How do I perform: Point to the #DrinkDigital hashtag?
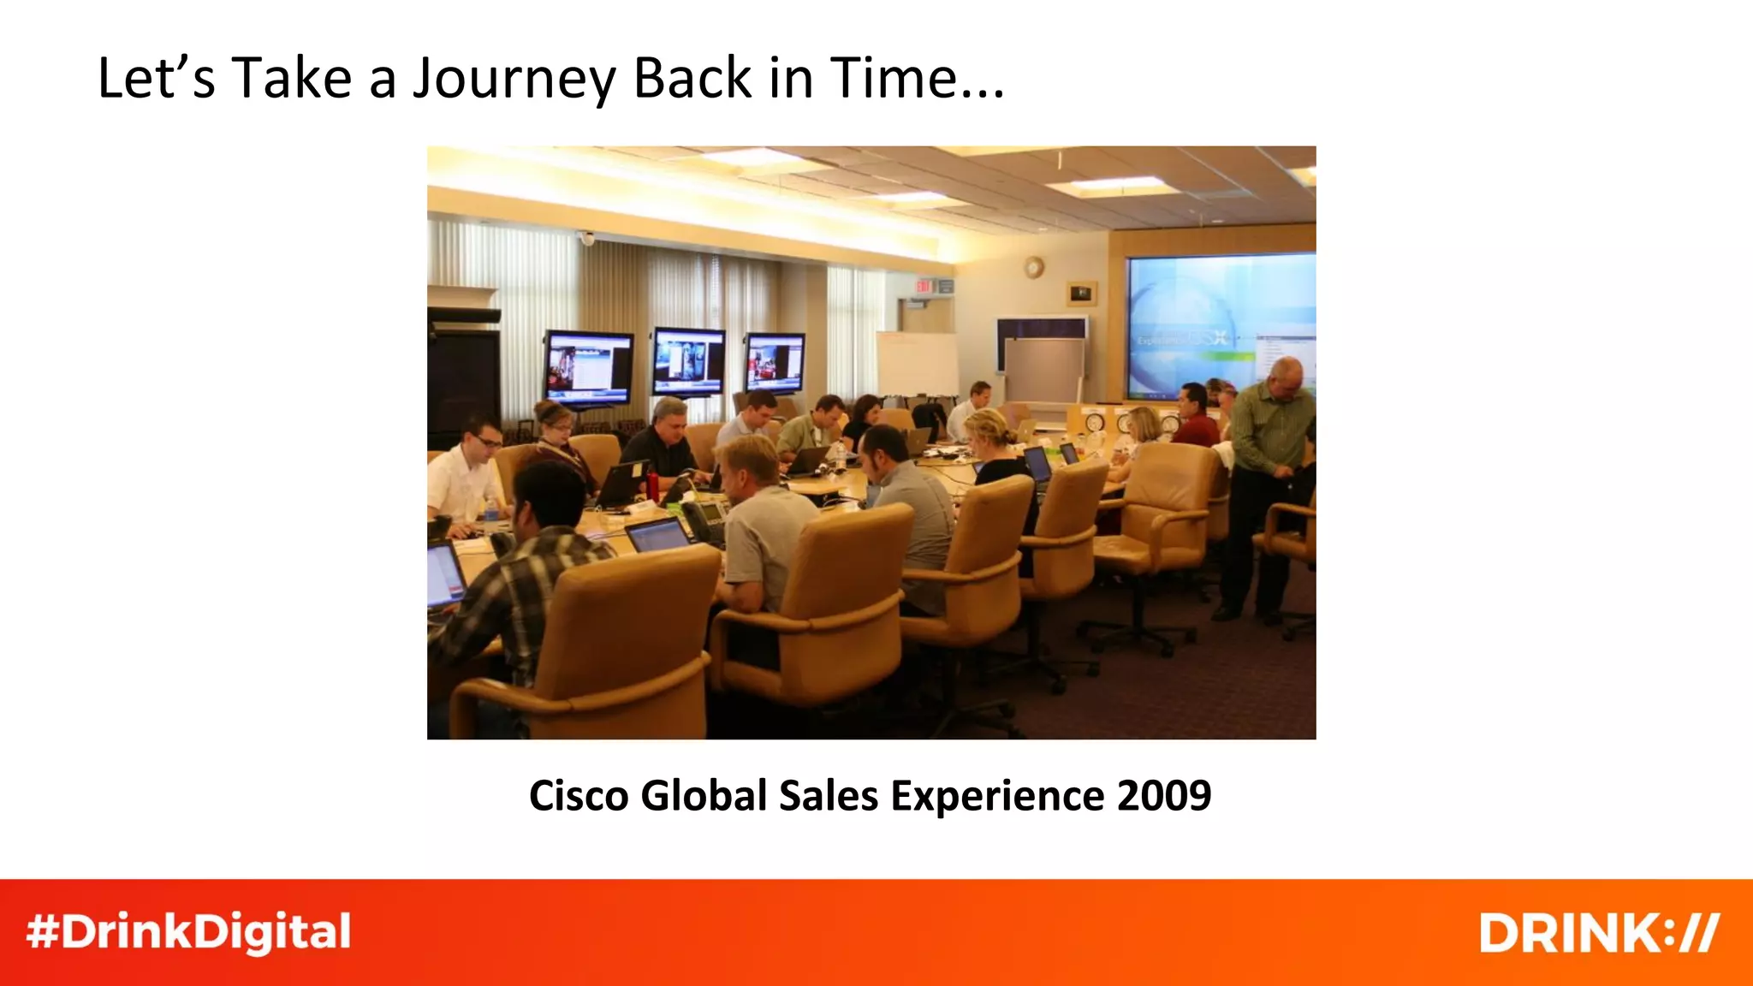189,932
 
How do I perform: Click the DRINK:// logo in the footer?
1598,932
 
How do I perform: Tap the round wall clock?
1034,267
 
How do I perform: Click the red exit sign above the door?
924,286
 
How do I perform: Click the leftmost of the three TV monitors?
588,367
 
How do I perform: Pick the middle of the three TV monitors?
688,361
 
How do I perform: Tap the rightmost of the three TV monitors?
774,363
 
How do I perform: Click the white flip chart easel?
917,364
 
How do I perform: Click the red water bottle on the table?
653,484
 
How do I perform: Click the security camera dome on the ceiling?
586,238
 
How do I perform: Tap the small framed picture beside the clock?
1081,294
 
